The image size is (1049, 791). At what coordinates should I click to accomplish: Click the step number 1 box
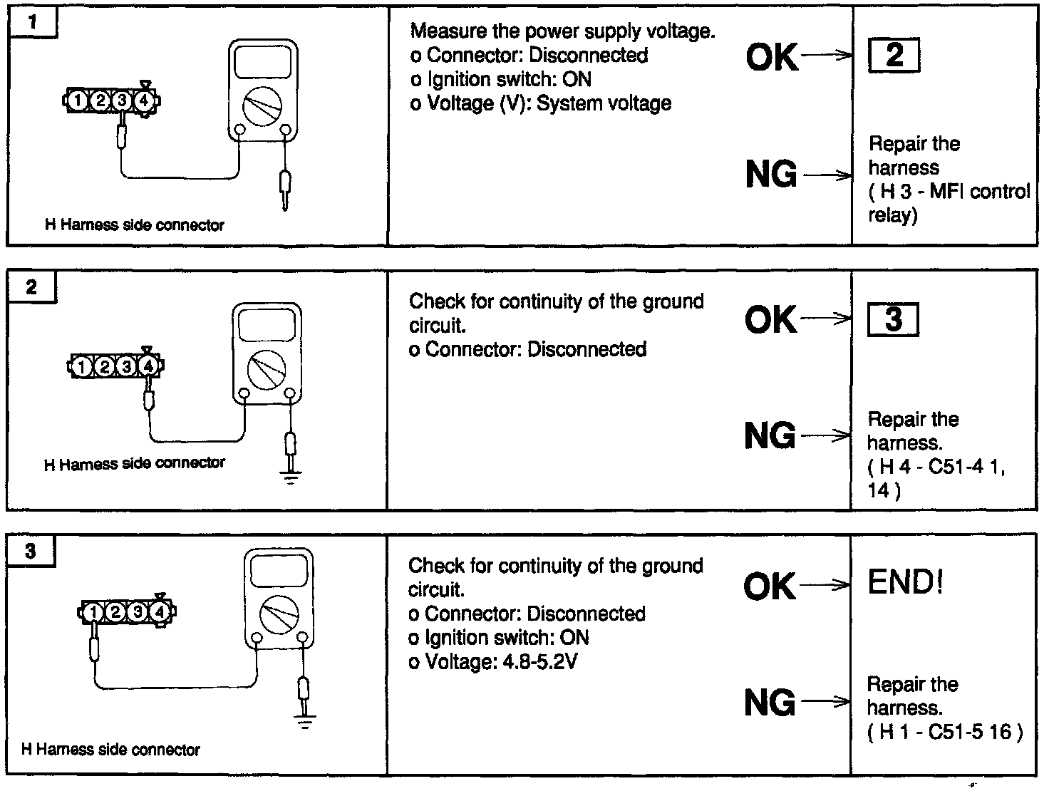pos(33,22)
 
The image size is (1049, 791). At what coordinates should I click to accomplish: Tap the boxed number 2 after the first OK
pos(894,55)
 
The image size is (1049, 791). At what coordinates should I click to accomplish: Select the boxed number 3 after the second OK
pos(893,319)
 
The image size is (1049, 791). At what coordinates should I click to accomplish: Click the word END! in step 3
pos(905,582)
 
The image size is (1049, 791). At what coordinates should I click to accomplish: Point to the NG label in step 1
pos(771,175)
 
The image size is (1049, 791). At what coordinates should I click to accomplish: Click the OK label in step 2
pos(771,319)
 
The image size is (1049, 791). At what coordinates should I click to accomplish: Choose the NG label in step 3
pos(770,703)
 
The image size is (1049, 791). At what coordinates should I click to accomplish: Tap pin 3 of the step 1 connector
pos(123,101)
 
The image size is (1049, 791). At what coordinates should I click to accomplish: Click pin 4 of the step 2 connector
pos(148,366)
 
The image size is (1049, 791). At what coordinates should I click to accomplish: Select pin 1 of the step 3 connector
pos(93,611)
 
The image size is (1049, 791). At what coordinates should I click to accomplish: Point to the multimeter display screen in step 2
pos(267,325)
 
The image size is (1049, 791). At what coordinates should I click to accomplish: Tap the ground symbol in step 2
pos(290,477)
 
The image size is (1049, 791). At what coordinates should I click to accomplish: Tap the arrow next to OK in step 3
pos(825,585)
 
